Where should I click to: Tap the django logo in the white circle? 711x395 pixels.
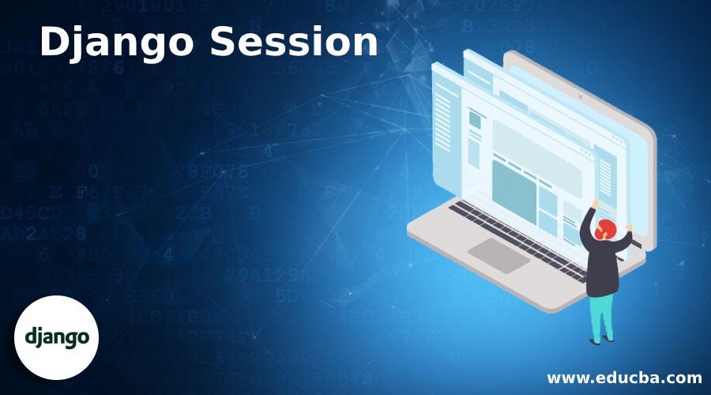(57, 337)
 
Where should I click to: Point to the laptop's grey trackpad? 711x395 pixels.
(498, 254)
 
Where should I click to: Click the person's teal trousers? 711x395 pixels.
(602, 312)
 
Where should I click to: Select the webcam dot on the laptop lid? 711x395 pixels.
(581, 98)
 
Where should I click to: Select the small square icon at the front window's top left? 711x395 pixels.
(475, 119)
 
